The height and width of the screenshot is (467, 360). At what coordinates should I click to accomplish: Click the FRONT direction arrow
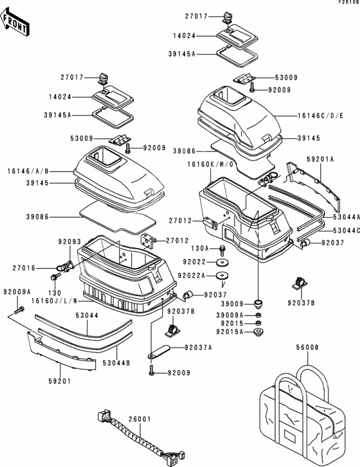pyautogui.click(x=15, y=22)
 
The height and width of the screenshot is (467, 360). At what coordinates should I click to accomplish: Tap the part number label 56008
pyautogui.click(x=307, y=348)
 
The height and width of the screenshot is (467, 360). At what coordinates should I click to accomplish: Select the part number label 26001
pyautogui.click(x=139, y=419)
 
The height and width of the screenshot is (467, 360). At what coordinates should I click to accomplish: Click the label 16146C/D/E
pyautogui.click(x=320, y=116)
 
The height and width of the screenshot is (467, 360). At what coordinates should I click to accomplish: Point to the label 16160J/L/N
pyautogui.click(x=54, y=301)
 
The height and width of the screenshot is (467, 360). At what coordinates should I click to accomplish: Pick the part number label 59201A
pyautogui.click(x=320, y=159)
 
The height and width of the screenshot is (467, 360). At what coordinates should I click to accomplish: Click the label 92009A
pyautogui.click(x=17, y=292)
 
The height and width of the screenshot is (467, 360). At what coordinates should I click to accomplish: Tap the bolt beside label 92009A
pyautogui.click(x=19, y=310)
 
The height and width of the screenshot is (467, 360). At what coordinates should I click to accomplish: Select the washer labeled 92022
pyautogui.click(x=222, y=263)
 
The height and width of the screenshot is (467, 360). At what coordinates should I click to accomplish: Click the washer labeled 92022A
pyautogui.click(x=222, y=276)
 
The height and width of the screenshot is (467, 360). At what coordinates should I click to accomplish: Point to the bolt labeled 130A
pyautogui.click(x=222, y=250)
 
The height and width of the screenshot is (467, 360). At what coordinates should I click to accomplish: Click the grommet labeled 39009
pyautogui.click(x=258, y=304)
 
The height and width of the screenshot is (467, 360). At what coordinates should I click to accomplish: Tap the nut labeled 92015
pyautogui.click(x=258, y=323)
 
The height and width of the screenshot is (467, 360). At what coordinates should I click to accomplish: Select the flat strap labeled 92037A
pyautogui.click(x=159, y=351)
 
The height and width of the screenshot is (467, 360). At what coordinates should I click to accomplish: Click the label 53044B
pyautogui.click(x=116, y=364)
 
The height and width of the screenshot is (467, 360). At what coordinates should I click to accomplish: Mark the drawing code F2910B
pyautogui.click(x=348, y=2)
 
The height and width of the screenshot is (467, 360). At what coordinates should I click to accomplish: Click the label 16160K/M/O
pyautogui.click(x=210, y=164)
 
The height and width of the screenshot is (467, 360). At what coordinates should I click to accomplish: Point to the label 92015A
pyautogui.click(x=230, y=331)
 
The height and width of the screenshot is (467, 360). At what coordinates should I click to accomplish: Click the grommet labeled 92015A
pyautogui.click(x=258, y=332)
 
